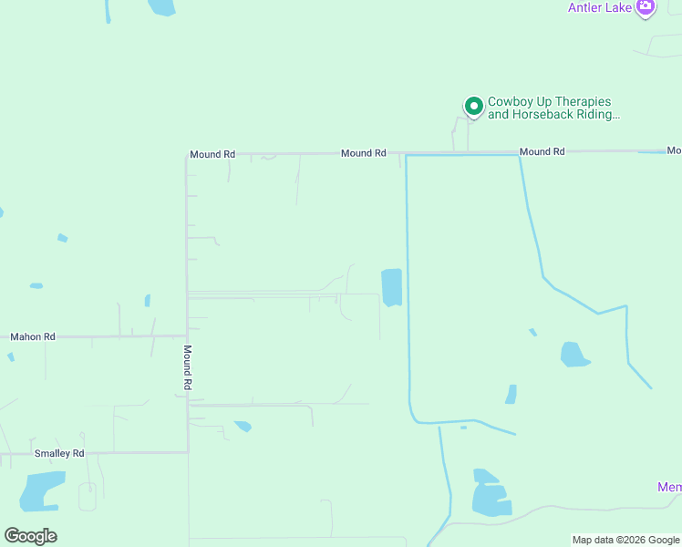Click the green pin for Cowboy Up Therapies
pos(474,106)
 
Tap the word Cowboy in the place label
pos(509,102)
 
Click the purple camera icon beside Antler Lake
pos(646,7)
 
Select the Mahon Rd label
pos(33,336)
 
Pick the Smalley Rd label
pos(59,453)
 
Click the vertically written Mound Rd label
pos(186,367)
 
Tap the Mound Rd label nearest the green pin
pos(542,151)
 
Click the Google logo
pos(30,536)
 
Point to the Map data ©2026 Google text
pos(625,540)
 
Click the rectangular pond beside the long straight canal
pos(391,287)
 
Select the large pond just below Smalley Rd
pos(42,491)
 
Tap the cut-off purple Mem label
pos(669,488)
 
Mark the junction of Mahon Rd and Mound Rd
pos(187,336)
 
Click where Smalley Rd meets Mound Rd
pos(188,452)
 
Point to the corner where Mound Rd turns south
pos(187,154)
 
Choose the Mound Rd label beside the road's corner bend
pos(212,155)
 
